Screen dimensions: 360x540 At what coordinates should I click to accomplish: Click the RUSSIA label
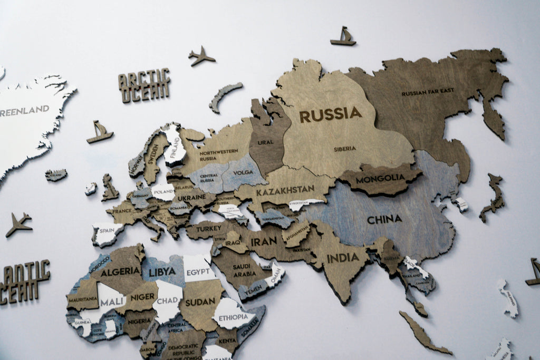[x=331, y=114]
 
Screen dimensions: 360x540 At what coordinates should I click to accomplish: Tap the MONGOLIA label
[x=380, y=179]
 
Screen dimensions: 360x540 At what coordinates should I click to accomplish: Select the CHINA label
[x=384, y=219]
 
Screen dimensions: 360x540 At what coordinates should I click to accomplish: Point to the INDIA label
[x=343, y=258]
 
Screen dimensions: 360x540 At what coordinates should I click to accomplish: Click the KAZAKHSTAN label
[x=285, y=190]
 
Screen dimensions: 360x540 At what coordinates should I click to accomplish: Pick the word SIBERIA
[x=345, y=149]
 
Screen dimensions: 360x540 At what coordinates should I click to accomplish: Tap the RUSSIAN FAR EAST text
[x=428, y=92]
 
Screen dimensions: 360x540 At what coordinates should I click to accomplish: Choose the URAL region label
[x=266, y=142]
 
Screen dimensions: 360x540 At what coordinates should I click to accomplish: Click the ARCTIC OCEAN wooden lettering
[x=144, y=84]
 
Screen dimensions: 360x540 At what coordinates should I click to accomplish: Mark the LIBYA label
[x=162, y=271]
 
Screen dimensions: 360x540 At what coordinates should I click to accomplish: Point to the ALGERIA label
[x=120, y=271]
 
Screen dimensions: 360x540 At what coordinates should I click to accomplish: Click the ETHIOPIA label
[x=233, y=317]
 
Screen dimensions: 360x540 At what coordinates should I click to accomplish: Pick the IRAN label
[x=264, y=242]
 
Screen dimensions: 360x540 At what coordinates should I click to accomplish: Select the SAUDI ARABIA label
[x=245, y=270]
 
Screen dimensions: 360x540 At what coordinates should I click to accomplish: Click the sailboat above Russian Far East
[x=343, y=36]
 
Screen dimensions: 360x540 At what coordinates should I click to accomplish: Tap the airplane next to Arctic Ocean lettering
[x=201, y=56]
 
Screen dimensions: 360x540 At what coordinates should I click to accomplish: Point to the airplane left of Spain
[x=19, y=224]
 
